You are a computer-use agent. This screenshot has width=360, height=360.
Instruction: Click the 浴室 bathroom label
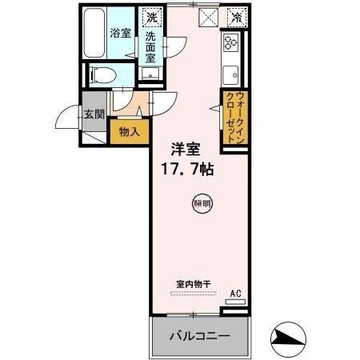[120, 34]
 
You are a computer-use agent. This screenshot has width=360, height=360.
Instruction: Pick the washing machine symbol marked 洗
[152, 16]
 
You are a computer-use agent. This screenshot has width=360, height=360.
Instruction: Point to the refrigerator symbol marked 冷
[235, 16]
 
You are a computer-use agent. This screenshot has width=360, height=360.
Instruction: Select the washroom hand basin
[150, 75]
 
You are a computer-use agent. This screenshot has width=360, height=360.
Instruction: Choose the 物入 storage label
[130, 130]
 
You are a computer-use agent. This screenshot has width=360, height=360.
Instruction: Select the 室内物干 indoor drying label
[192, 282]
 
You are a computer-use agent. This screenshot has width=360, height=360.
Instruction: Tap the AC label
[235, 294]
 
